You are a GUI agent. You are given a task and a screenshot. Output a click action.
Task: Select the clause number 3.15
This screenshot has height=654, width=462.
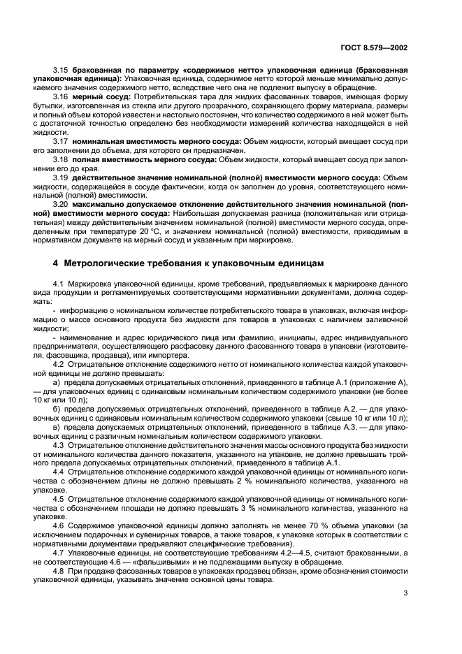point(62,71)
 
